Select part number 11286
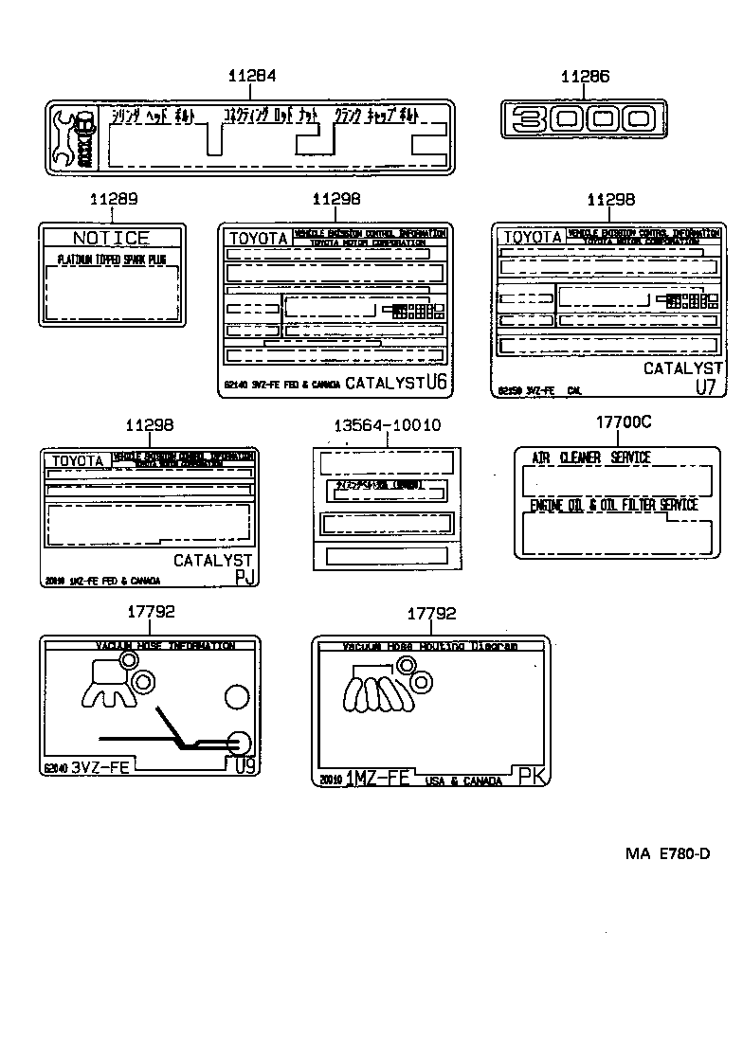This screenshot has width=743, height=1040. (584, 77)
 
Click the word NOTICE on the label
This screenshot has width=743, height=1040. (111, 238)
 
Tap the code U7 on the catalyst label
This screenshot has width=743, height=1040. (706, 386)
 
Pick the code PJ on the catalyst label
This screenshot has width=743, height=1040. (244, 580)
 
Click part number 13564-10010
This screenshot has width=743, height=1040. (387, 426)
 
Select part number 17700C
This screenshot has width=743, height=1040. (623, 422)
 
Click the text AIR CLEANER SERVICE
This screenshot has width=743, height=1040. (590, 457)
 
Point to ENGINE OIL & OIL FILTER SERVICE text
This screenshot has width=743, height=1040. (613, 506)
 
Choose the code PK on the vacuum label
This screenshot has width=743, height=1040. (532, 778)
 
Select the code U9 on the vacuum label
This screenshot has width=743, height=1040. (245, 766)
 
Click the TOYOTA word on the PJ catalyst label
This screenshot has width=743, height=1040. (78, 461)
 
